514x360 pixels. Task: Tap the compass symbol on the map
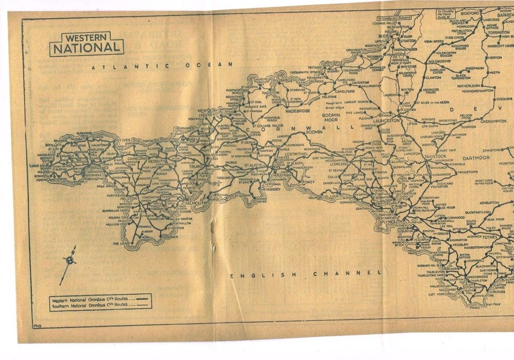coord(70,261)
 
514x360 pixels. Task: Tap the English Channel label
coord(306,274)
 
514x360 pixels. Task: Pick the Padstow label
coord(270,93)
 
